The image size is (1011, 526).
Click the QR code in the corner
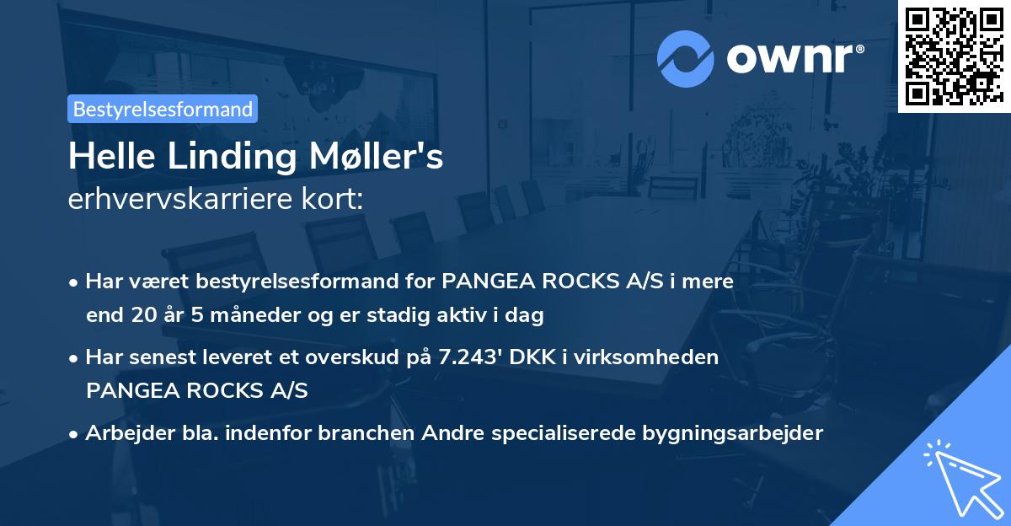[x=954, y=56]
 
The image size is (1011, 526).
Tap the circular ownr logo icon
[x=684, y=58]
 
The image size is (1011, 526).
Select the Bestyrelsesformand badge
[x=163, y=109]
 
